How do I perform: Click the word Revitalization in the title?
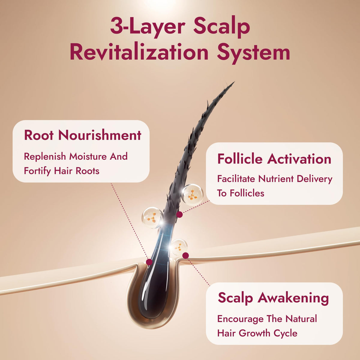pos(139,52)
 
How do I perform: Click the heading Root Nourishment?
pos(82,135)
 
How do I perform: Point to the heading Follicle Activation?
pos(274,159)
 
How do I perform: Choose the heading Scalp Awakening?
pos(273,298)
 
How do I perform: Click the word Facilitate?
pos(236,179)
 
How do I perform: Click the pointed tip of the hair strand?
pos(234,82)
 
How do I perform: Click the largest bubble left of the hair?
pos(153,217)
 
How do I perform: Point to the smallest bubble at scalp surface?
pos(179,247)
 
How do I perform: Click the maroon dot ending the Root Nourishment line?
pos(149,262)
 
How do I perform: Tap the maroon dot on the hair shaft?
pos(179,214)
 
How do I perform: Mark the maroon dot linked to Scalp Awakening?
pos(185,256)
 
